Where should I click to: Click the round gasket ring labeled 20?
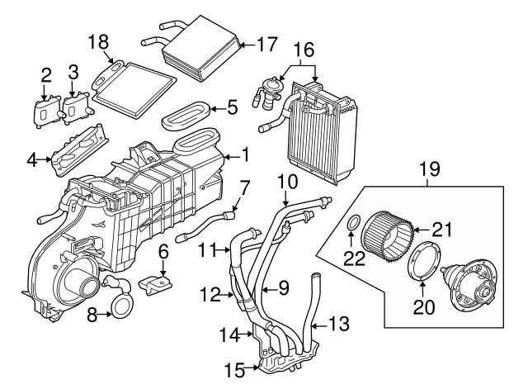click(x=423, y=262)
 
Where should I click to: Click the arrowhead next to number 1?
click(x=224, y=154)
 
